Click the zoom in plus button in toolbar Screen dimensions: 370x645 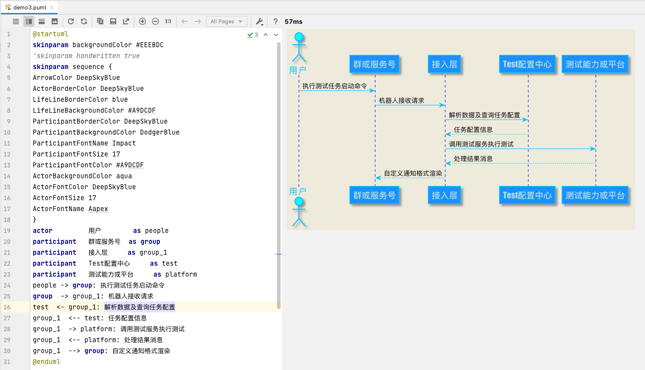pos(143,21)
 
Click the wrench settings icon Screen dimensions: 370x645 pos(259,21)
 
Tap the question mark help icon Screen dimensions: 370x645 pos(275,21)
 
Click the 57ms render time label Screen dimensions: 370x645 pos(293,21)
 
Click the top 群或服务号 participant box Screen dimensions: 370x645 pos(374,64)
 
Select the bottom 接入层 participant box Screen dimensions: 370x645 pos(444,195)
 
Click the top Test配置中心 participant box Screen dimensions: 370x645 pos(527,64)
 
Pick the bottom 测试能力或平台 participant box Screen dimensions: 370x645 pos(595,195)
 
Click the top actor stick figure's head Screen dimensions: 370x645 pos(298,37)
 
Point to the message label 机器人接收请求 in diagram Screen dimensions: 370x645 pos(401,100)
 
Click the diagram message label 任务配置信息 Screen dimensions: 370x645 pos(473,130)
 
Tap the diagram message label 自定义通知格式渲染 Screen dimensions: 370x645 pos(413,173)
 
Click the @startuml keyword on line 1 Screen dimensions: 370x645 pos(50,34)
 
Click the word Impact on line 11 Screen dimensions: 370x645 pos(124,143)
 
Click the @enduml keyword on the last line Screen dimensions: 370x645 pos(46,362)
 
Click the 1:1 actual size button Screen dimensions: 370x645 pos(168,21)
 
